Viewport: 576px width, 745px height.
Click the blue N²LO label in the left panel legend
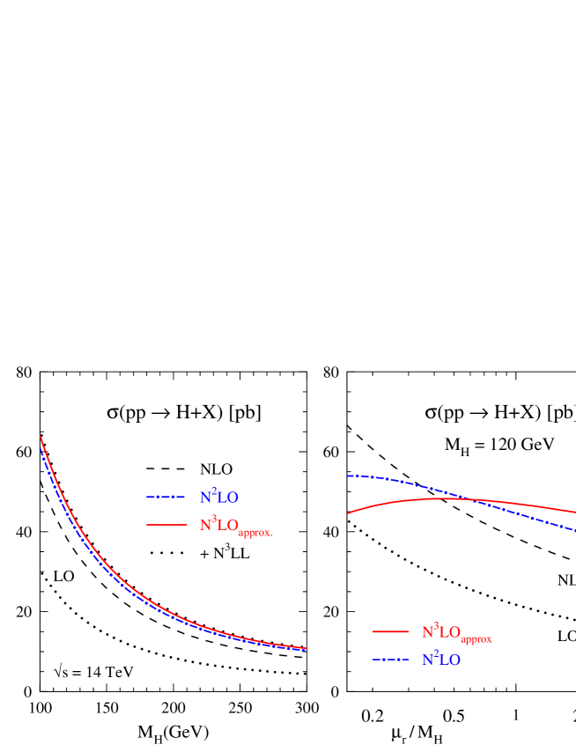tap(219, 498)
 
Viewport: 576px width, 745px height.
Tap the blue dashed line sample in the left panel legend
tap(166, 498)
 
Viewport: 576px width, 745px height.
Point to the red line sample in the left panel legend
tap(166, 525)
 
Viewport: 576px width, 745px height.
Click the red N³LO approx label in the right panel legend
tap(456, 632)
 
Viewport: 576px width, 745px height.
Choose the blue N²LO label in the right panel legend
tap(441, 660)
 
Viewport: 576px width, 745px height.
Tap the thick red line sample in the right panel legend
tap(390, 631)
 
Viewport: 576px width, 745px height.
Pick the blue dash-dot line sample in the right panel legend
tap(390, 660)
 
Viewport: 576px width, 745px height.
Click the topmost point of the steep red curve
tap(41, 437)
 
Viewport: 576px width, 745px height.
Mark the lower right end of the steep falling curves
tap(306, 649)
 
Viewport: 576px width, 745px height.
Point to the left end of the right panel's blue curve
tap(348, 476)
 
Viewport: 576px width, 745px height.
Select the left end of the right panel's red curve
tap(348, 513)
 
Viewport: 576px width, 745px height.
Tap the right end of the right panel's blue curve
tap(574, 531)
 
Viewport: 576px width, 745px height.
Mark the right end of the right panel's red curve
tap(574, 512)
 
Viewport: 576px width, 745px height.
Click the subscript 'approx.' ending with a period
tap(256, 533)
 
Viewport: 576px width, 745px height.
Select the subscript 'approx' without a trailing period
tap(476, 639)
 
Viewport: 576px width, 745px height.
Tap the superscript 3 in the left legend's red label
tap(214, 519)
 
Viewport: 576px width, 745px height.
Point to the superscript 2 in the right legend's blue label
tap(436, 653)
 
